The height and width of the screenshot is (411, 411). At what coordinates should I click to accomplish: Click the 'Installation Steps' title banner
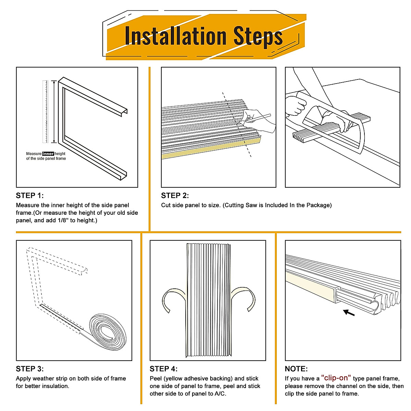(204, 36)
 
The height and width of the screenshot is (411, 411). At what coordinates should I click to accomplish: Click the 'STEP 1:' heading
(30, 196)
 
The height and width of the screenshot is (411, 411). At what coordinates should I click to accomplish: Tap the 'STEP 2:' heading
(175, 196)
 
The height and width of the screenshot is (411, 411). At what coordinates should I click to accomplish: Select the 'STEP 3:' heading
(30, 369)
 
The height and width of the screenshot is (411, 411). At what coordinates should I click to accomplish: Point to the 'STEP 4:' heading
(163, 369)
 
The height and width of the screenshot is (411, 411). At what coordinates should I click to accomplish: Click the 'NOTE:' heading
(296, 369)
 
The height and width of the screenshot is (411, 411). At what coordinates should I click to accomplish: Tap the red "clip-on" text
(336, 378)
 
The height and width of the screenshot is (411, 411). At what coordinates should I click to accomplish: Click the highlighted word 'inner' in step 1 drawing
(48, 154)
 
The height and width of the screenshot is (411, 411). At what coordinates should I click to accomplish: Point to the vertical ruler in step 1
(45, 111)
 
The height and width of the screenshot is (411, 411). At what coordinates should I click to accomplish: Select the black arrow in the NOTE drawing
(349, 312)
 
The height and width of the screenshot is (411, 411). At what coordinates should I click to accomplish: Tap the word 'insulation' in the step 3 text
(55, 386)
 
